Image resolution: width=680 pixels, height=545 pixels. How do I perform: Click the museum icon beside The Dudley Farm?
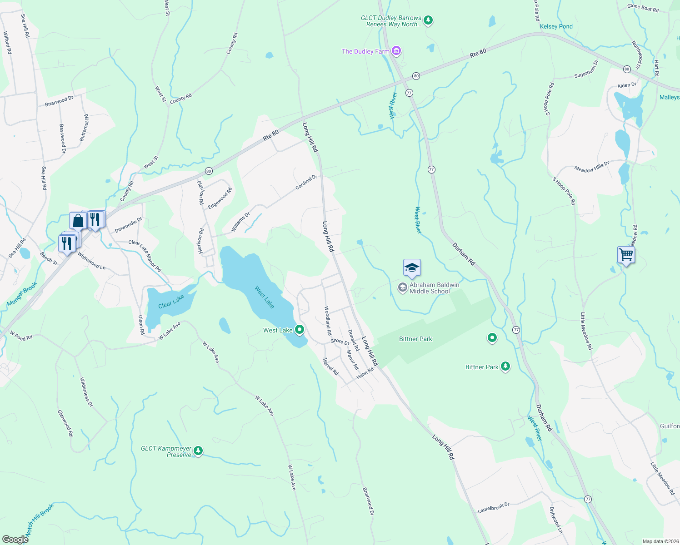pyautogui.click(x=396, y=51)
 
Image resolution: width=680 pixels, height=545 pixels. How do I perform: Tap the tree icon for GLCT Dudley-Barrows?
pyautogui.click(x=428, y=20)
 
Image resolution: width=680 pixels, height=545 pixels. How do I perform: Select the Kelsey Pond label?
pyautogui.click(x=556, y=26)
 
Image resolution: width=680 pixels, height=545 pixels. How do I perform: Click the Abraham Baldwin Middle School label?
pyautogui.click(x=434, y=288)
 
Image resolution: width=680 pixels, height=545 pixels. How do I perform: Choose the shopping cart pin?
pyautogui.click(x=626, y=255)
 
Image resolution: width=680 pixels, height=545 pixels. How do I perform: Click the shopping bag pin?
pyautogui.click(x=78, y=221)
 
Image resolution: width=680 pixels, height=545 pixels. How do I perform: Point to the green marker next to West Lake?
pyautogui.click(x=300, y=330)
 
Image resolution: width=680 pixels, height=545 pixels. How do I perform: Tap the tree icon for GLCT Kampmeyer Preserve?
pyautogui.click(x=198, y=451)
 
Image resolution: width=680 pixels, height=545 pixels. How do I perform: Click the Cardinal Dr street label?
pyautogui.click(x=306, y=183)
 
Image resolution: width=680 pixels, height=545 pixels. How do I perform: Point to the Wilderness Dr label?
pyautogui.click(x=86, y=391)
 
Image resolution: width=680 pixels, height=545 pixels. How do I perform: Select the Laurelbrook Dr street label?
pyautogui.click(x=493, y=507)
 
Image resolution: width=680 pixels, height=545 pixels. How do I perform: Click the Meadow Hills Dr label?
pyautogui.click(x=591, y=167)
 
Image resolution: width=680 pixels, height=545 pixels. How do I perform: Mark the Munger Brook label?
pyautogui.click(x=22, y=294)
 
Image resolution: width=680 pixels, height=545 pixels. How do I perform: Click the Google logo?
pyautogui.click(x=15, y=539)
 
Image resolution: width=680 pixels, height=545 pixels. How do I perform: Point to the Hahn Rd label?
pyautogui.click(x=365, y=373)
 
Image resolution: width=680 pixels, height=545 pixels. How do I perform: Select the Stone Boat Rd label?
pyautogui.click(x=643, y=7)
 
